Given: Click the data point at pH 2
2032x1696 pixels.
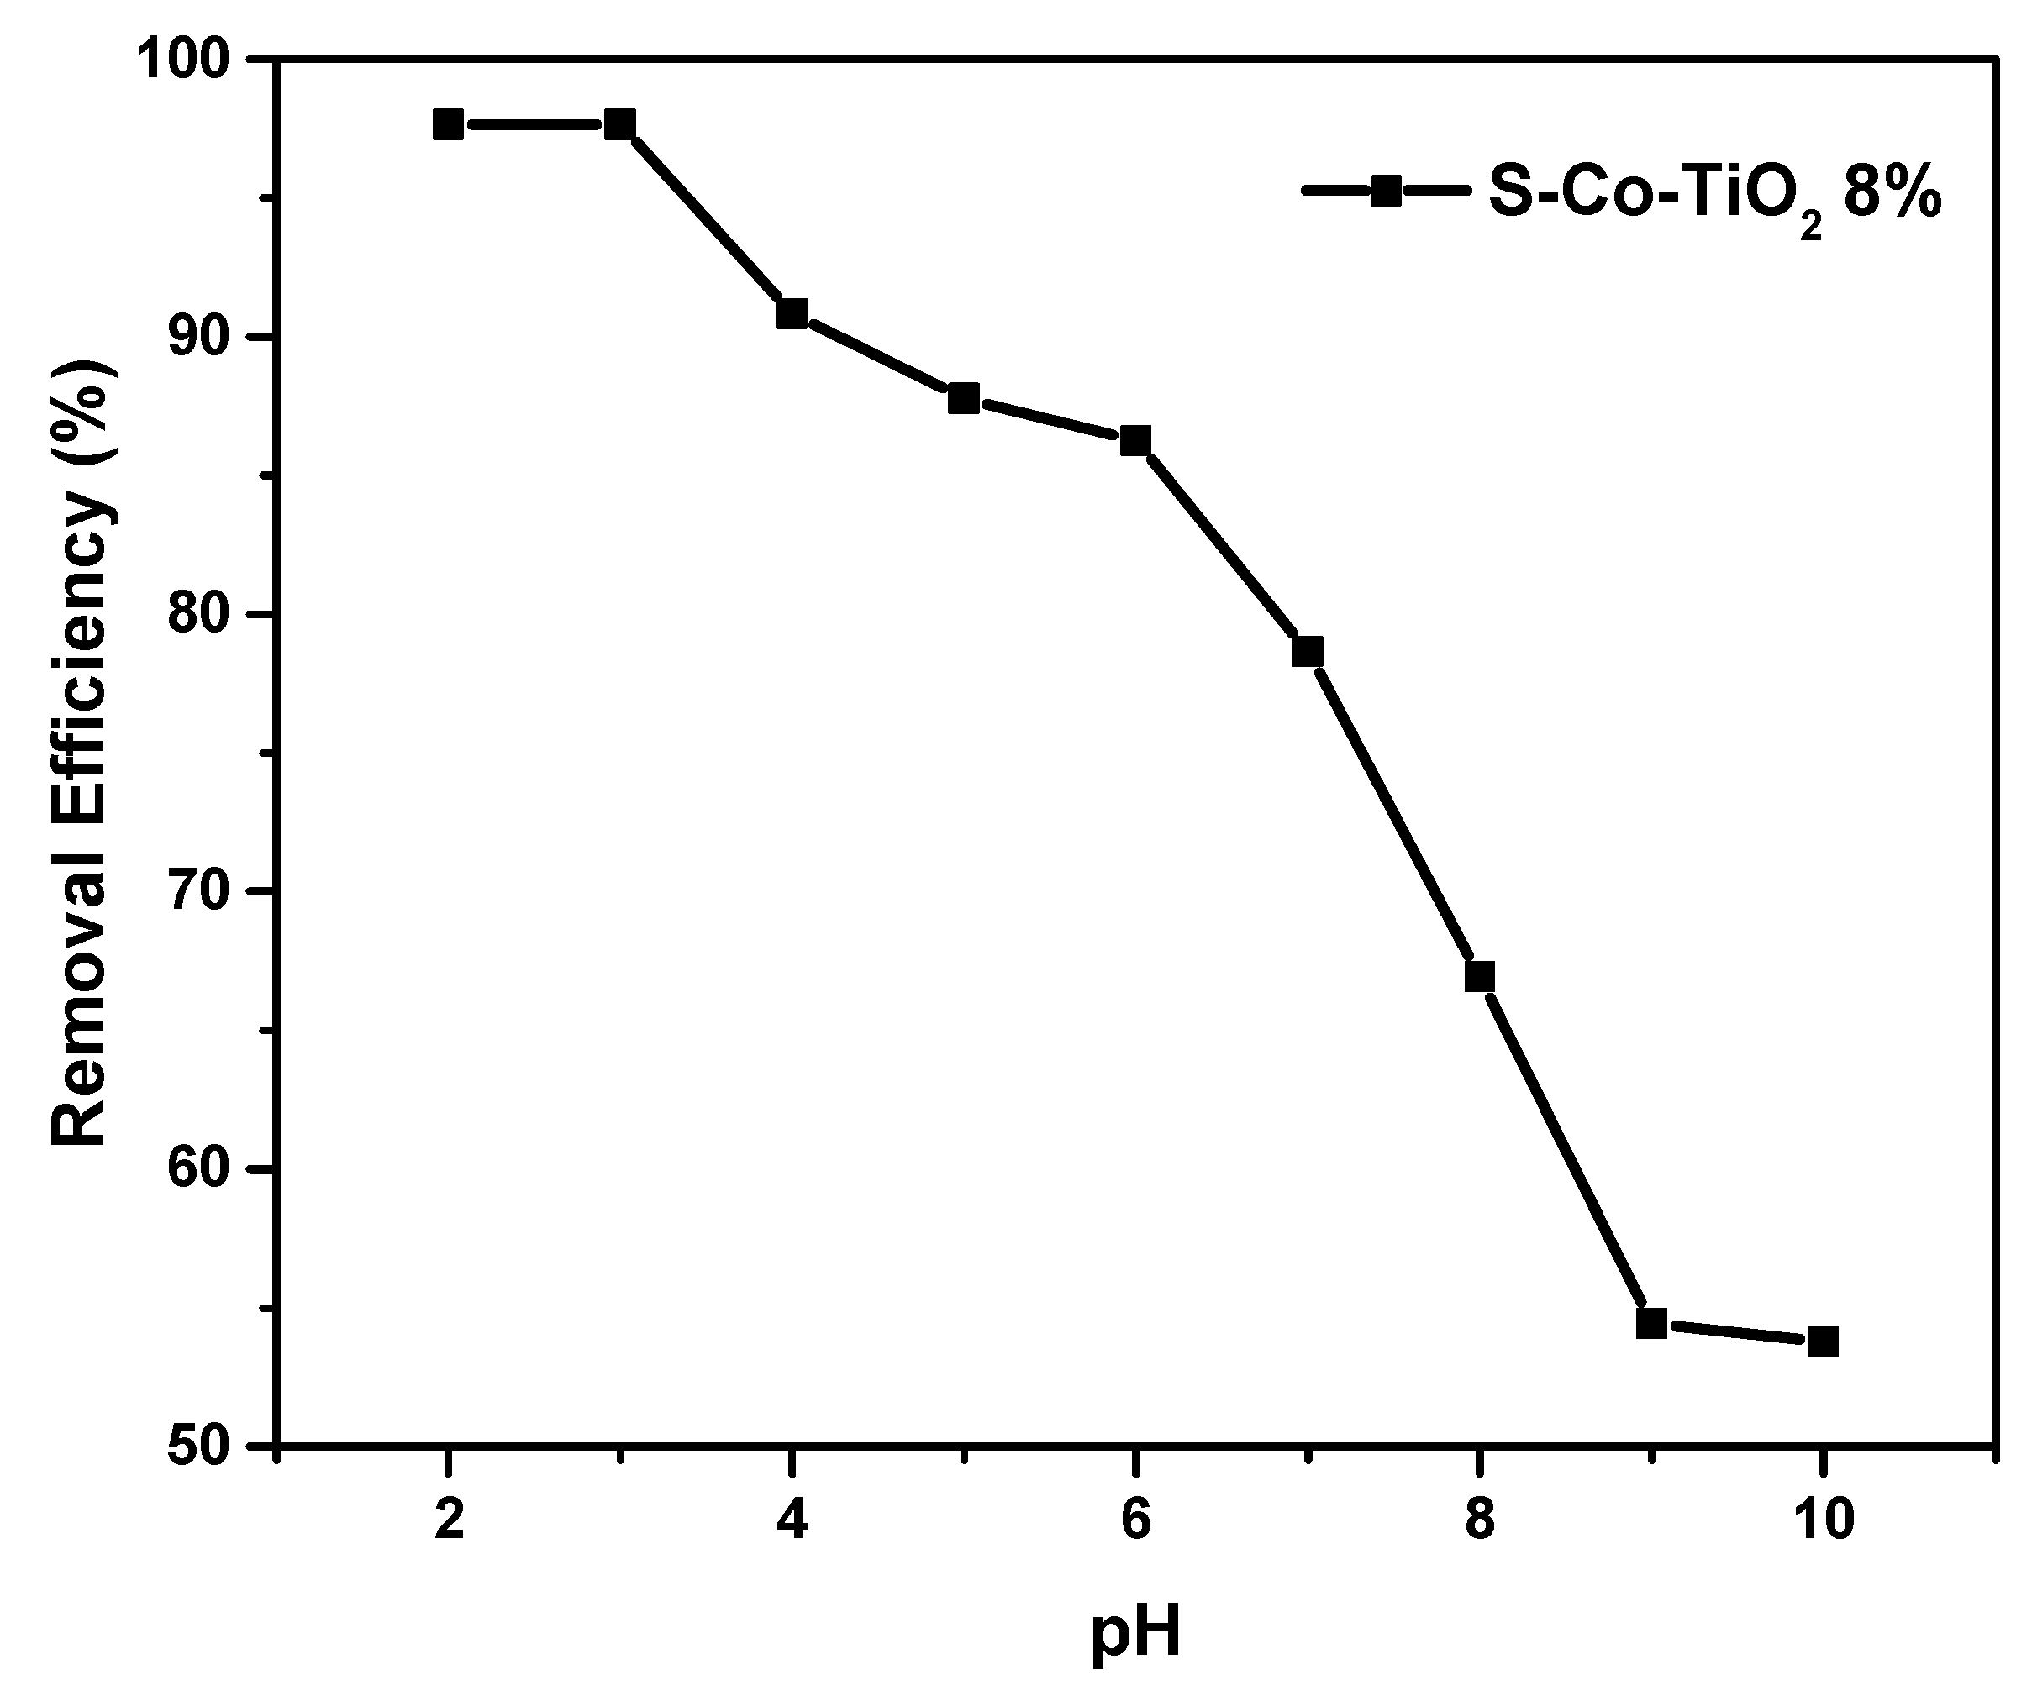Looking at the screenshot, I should [448, 125].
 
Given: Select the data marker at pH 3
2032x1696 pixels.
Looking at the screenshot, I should [620, 125].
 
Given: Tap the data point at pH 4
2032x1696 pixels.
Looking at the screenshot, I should [792, 314].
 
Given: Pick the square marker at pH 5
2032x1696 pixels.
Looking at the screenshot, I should [964, 399].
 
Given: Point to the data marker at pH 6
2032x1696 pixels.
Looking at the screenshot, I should [1136, 441].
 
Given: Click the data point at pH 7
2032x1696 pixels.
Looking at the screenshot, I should [1308, 652].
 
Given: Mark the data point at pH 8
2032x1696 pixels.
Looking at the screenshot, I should [1480, 977].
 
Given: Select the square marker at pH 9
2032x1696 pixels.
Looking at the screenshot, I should [1651, 1324].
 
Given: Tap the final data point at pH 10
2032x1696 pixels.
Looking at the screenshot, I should [1823, 1342].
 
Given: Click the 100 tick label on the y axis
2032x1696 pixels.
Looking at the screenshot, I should [191, 61].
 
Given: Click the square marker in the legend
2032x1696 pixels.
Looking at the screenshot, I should [1387, 191].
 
